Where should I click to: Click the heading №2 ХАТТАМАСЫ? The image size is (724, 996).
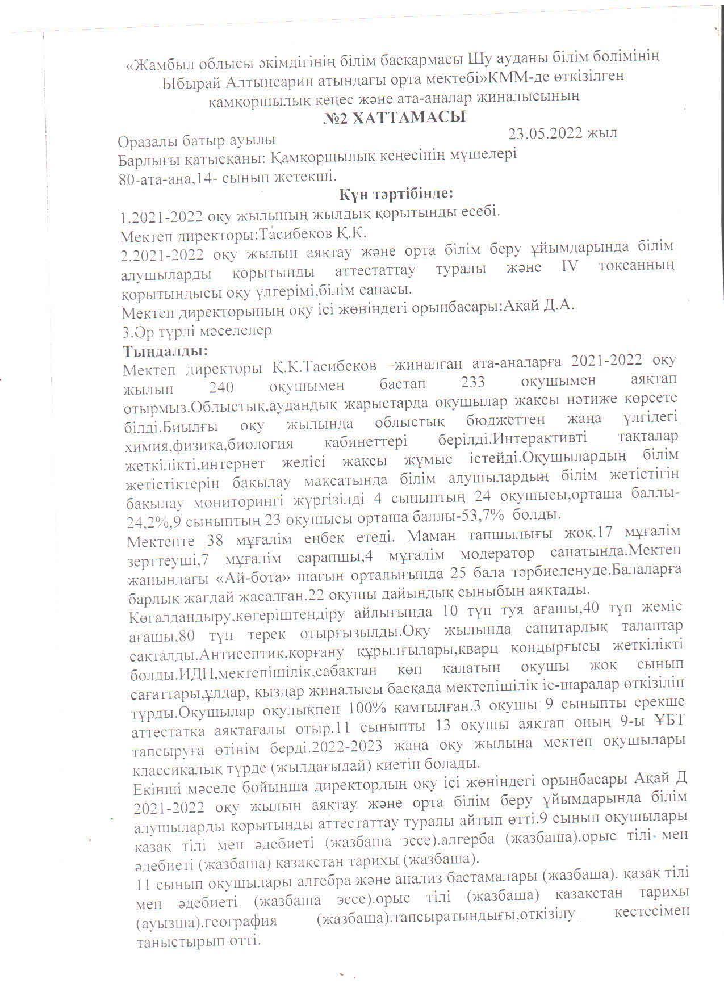(x=394, y=119)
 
